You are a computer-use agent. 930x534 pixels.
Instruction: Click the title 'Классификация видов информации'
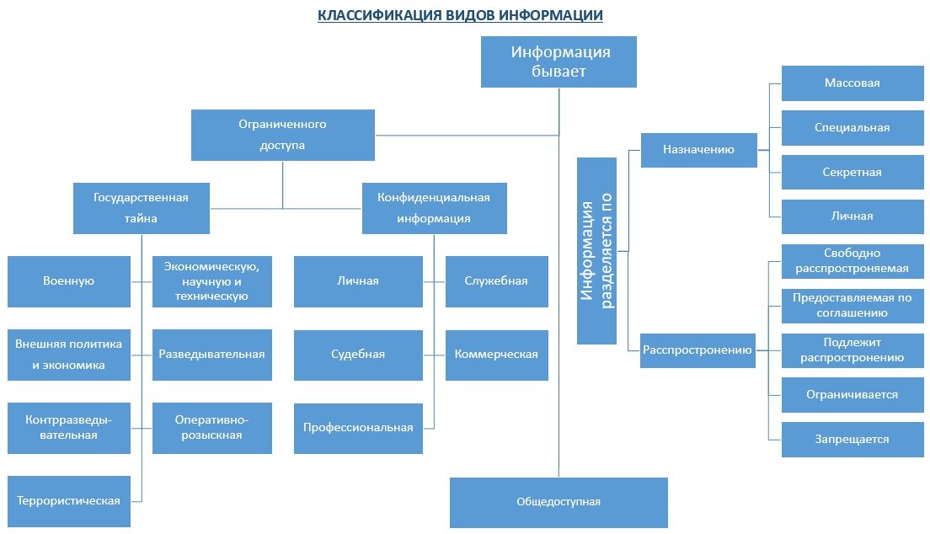click(x=460, y=16)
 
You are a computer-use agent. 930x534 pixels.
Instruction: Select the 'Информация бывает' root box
click(x=559, y=62)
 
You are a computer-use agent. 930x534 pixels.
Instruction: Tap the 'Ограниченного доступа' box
click(x=282, y=135)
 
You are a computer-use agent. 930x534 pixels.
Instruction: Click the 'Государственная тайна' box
click(x=141, y=208)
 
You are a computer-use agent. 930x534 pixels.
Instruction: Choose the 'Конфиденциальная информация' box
click(x=435, y=208)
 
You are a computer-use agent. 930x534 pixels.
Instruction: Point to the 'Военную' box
click(x=69, y=281)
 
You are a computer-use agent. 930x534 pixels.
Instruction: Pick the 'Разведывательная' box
click(x=212, y=354)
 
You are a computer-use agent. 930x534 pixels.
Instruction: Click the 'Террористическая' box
click(x=69, y=500)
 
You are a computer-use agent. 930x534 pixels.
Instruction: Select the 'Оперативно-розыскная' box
click(x=212, y=428)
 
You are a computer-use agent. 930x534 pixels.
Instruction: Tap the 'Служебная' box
click(x=496, y=281)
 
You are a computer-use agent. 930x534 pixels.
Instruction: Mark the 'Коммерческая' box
click(x=496, y=354)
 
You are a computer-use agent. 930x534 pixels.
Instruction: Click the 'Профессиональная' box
click(x=358, y=427)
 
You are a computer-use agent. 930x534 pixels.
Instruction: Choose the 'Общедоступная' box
click(x=559, y=502)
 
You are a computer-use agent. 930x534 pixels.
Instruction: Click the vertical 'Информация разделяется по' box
click(x=602, y=250)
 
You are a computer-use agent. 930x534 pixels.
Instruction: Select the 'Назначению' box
click(x=698, y=150)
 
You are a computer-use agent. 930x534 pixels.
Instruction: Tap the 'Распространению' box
click(x=697, y=350)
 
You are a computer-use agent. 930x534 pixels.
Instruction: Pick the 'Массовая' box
click(x=852, y=83)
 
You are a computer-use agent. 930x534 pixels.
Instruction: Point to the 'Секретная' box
click(x=852, y=172)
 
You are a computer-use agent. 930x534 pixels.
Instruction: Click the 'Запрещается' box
click(x=852, y=439)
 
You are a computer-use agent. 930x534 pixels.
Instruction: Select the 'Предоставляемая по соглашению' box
click(x=852, y=305)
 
